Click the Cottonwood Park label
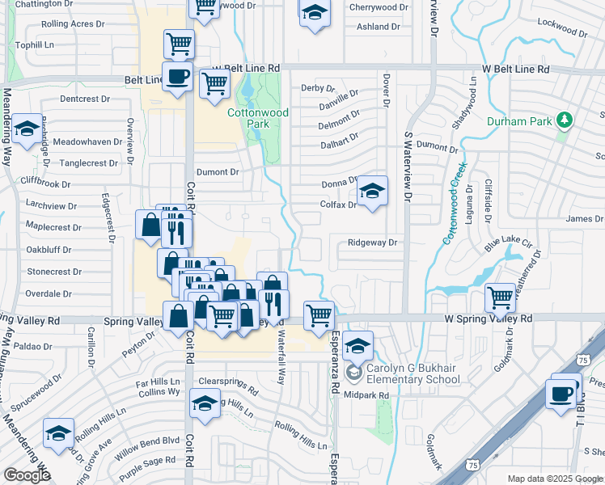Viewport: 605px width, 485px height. (257, 119)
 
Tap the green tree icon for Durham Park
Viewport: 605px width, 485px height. (565, 121)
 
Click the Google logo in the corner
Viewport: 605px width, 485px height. (27, 475)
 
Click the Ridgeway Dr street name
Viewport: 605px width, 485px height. (373, 242)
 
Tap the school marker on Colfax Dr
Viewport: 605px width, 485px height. (371, 192)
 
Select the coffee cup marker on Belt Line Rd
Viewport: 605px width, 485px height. (178, 77)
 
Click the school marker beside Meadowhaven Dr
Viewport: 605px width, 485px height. (27, 129)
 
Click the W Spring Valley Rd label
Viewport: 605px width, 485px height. (489, 319)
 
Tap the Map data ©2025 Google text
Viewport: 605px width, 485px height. (554, 479)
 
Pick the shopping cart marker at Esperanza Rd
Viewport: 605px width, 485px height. (319, 314)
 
